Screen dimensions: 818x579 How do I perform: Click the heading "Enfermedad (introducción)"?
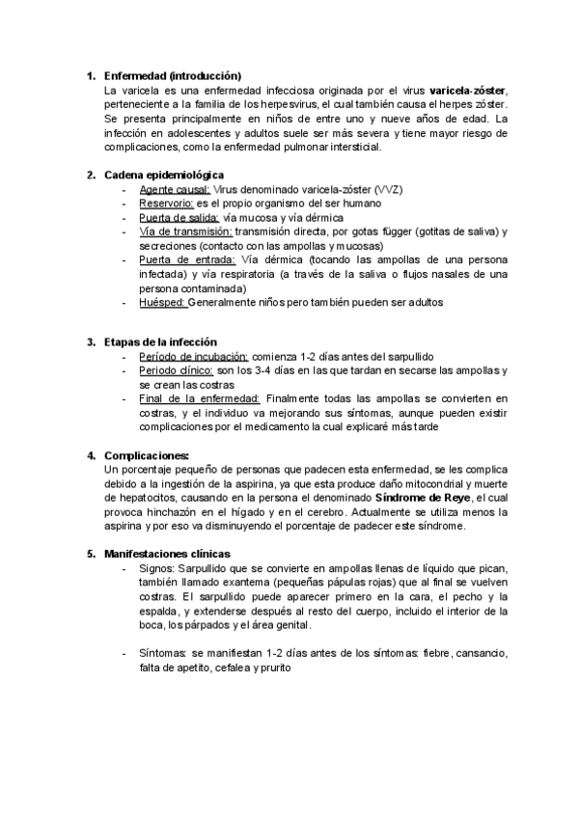(172, 75)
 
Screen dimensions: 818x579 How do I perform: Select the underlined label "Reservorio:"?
(167, 204)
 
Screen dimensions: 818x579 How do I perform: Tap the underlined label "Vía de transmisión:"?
(185, 232)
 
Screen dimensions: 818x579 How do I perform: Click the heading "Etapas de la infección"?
(160, 342)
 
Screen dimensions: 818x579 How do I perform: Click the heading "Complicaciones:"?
(146, 455)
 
